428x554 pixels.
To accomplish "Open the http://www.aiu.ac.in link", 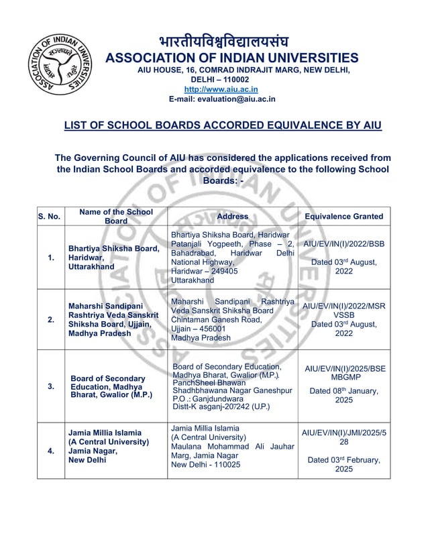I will click(x=221, y=89).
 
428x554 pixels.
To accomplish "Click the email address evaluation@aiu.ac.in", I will click(x=222, y=99).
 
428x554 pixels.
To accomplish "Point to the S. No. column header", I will click(x=49, y=217).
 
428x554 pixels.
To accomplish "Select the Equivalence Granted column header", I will click(x=343, y=217).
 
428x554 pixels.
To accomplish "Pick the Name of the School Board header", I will click(x=116, y=216).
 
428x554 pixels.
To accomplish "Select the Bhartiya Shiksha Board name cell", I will click(x=114, y=258).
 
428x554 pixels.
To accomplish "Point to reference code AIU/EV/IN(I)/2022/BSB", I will click(x=344, y=244).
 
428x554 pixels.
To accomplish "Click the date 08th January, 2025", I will click(x=343, y=395).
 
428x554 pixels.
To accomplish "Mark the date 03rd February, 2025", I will click(x=343, y=464).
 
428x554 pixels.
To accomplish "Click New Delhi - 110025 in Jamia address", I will click(x=205, y=464).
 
